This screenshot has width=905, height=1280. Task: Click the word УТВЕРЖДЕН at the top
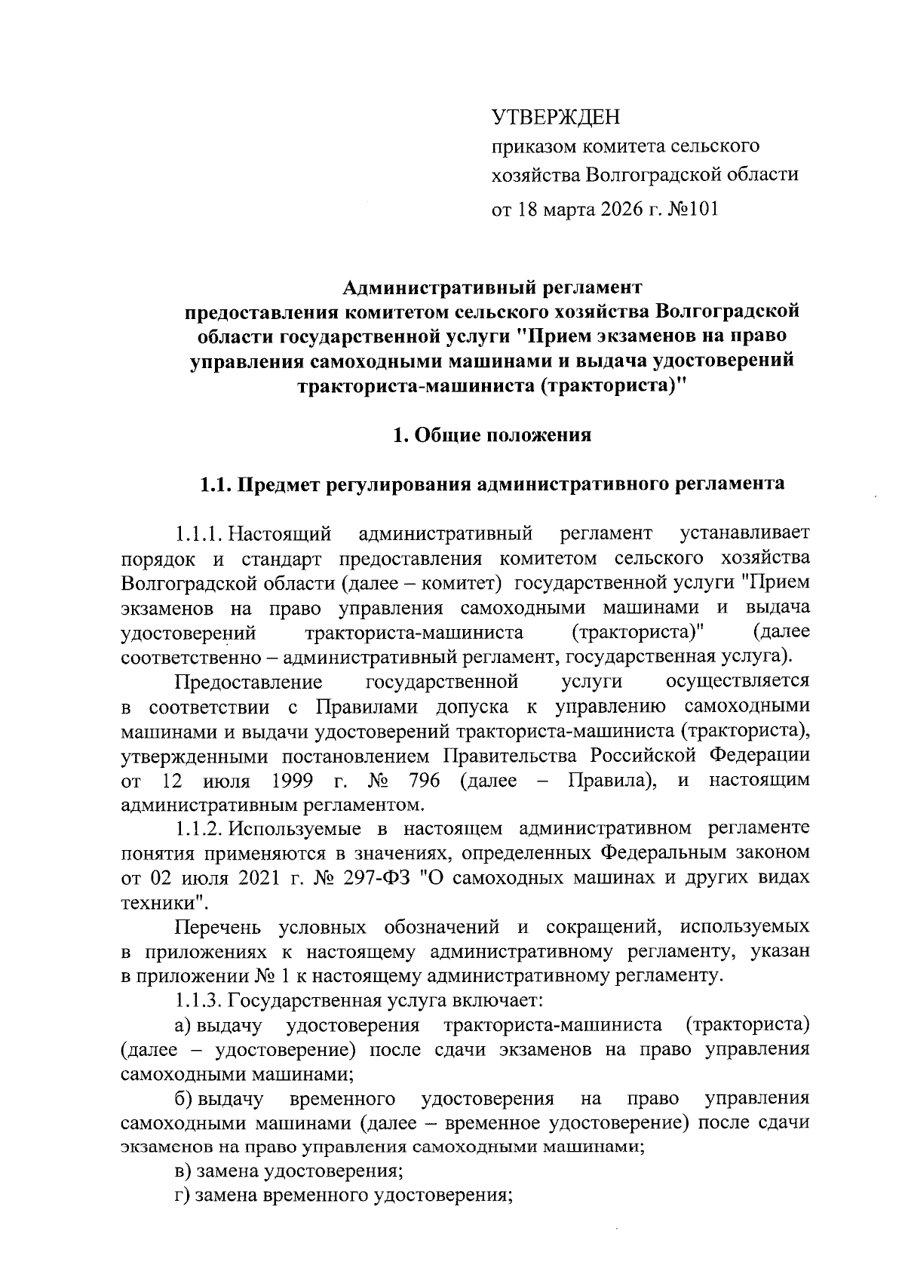554,117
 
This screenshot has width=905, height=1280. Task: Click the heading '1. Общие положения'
492,435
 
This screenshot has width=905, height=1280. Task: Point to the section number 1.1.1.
198,534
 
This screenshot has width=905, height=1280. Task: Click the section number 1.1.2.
198,829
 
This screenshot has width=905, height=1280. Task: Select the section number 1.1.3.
198,1001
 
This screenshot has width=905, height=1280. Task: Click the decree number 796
423,780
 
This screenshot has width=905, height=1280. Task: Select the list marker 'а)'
183,1026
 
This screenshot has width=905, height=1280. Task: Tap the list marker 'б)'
183,1099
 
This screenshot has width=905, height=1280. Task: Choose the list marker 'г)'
183,1196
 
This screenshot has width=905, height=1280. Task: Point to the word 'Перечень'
218,927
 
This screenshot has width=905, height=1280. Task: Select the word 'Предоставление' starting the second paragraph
248,682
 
